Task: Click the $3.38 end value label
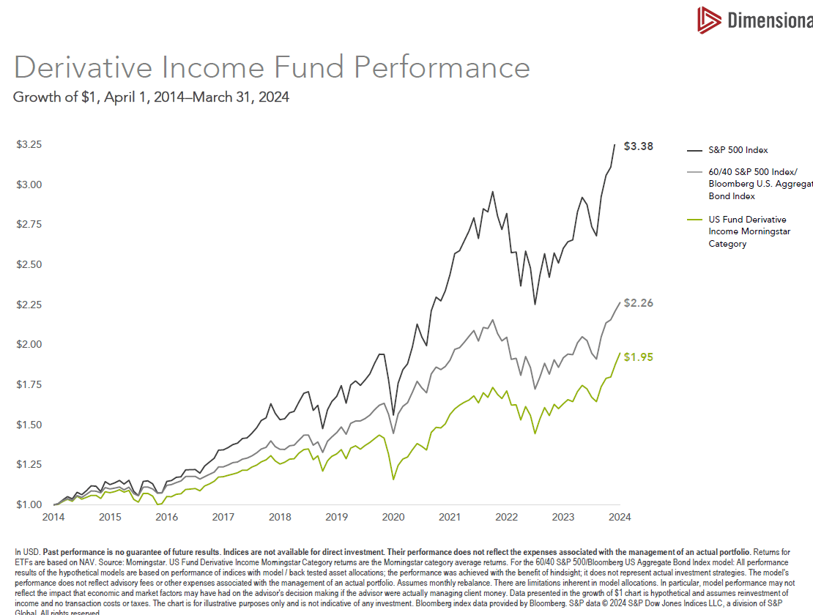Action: click(x=637, y=146)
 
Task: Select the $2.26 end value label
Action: click(x=637, y=303)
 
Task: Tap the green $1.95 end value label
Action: click(x=637, y=357)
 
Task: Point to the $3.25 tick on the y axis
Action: click(x=29, y=145)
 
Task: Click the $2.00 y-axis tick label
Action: click(x=29, y=344)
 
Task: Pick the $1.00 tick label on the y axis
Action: click(x=29, y=504)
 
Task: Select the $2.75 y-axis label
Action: click(x=29, y=224)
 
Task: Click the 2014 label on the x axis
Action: click(x=53, y=517)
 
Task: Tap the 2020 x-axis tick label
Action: click(x=393, y=517)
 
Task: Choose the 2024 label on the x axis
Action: click(x=620, y=517)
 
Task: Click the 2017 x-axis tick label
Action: click(x=223, y=517)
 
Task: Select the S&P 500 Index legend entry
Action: click(x=738, y=150)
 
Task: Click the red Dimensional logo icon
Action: click(x=708, y=20)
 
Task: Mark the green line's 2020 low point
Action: click(x=393, y=480)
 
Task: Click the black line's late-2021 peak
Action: click(x=492, y=192)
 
